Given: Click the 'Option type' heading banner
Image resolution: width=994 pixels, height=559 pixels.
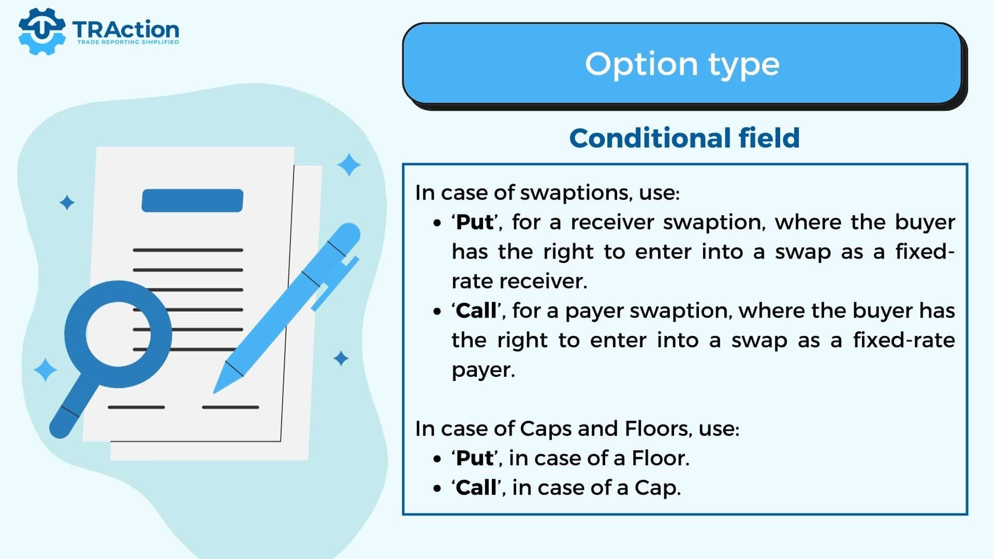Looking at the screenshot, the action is pos(682,64).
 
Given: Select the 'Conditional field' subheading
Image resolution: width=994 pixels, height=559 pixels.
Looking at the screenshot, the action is pos(684,138).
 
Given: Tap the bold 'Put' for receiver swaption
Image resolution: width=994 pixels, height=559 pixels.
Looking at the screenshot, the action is pos(475,222).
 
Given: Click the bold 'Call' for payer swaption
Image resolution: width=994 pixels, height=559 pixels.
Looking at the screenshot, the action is pos(476,311).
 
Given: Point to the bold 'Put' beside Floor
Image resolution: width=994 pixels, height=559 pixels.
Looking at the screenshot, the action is pos(475,458).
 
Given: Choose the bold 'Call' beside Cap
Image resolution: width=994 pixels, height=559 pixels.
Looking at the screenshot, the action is pos(476,488).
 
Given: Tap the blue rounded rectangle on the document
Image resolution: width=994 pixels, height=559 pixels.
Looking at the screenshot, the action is pos(193,200).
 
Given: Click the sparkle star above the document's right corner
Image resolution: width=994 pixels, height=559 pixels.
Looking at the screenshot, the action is pos(349,165).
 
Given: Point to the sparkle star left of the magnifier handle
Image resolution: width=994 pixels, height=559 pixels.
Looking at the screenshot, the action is pos(45,370).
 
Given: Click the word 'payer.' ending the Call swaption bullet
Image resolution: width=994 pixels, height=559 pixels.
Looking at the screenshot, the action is pos(484,370).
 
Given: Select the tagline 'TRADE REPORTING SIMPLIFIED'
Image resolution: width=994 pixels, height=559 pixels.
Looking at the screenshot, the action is pos(128,42).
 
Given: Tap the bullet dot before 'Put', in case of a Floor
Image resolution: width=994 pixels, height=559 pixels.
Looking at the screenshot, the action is pos(438,459).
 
